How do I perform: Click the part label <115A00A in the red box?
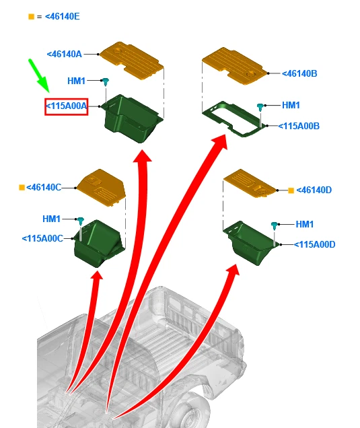click(x=67, y=106)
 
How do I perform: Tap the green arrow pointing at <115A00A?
click(x=39, y=75)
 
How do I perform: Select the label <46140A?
click(x=65, y=54)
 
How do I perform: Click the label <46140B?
click(x=299, y=73)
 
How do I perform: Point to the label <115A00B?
click(x=299, y=126)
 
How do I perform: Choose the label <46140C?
click(x=44, y=188)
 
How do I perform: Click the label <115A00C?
click(x=42, y=239)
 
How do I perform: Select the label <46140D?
click(x=314, y=190)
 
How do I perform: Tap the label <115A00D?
click(x=314, y=244)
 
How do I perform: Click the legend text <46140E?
click(x=62, y=16)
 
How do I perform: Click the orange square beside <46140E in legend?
click(x=32, y=17)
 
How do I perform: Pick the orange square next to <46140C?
click(x=22, y=188)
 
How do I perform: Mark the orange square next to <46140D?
click(x=291, y=190)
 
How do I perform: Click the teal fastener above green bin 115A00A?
click(x=105, y=81)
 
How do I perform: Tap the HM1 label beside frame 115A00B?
click(x=291, y=105)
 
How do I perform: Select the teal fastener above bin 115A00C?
click(x=80, y=221)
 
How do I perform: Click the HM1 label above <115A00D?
click(x=305, y=224)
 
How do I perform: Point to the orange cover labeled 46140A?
click(x=132, y=61)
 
